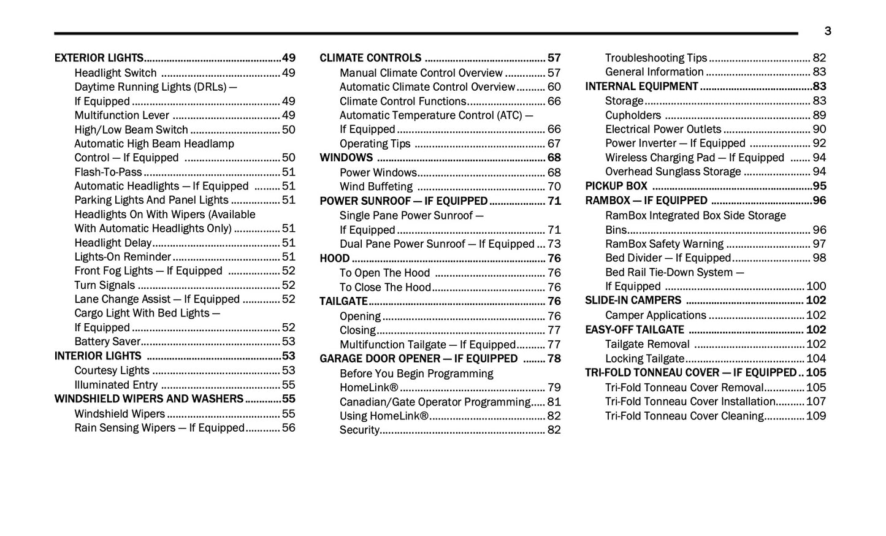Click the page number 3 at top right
pos(828,31)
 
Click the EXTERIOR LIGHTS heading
pos(99,58)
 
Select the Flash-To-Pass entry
pos(108,172)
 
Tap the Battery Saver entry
pos(107,342)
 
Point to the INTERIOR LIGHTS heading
pos(98,356)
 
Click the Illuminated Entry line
pos(116,385)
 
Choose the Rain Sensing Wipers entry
pos(159,428)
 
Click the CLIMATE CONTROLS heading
pos(370,58)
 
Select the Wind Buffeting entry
pos(376,187)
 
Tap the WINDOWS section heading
pos(346,158)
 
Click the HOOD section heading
pos(335,259)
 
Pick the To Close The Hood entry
pos(386,288)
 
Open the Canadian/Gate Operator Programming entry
pos(435,402)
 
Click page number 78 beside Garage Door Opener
pos(554,359)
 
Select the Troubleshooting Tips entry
pos(656,58)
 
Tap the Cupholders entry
pos(633,115)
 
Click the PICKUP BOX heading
pos(616,186)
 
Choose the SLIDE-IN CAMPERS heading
pos(633,301)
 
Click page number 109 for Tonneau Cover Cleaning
pos(816,416)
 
